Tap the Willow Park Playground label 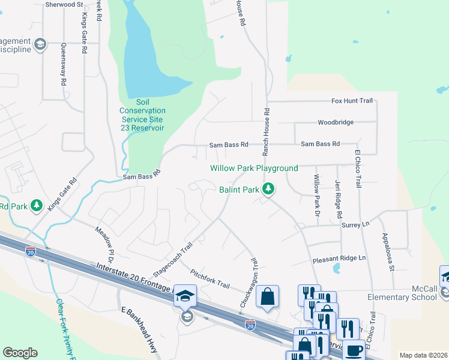[254, 169]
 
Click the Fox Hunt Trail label [352, 101]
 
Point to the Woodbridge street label [336, 122]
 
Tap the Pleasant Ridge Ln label [339, 258]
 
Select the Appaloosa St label [390, 256]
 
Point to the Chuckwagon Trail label [249, 283]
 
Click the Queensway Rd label [62, 66]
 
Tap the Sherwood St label [64, 4]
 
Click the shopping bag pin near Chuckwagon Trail [267, 296]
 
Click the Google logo [20, 353]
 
